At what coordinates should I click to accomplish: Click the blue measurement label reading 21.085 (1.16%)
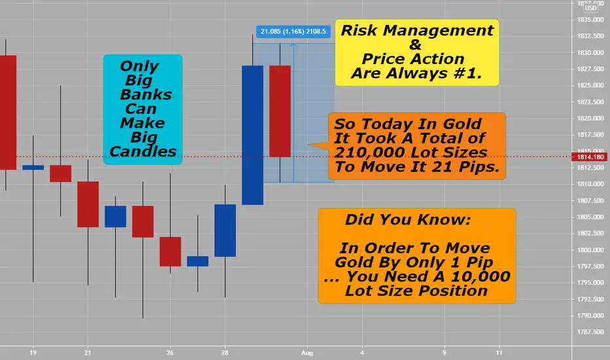(x=293, y=31)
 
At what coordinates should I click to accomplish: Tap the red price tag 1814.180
(x=590, y=157)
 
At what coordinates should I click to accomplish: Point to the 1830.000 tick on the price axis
(x=590, y=52)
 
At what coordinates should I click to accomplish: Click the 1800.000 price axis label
(x=590, y=250)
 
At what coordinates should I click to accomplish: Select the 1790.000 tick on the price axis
(x=590, y=315)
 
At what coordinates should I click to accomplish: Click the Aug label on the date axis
(x=307, y=353)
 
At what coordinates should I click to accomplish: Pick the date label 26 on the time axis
(x=170, y=353)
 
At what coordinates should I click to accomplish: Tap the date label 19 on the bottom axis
(x=33, y=353)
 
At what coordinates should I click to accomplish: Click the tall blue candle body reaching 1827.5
(x=253, y=135)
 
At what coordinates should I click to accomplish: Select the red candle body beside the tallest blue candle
(x=280, y=111)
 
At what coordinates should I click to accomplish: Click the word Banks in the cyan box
(x=146, y=94)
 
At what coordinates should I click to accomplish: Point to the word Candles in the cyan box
(x=143, y=151)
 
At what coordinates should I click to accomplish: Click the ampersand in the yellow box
(x=415, y=45)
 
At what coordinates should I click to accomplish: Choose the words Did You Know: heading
(x=408, y=219)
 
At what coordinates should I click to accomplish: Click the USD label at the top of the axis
(x=590, y=8)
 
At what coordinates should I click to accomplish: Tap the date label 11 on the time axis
(x=499, y=353)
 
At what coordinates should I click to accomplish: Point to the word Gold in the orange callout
(x=462, y=124)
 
